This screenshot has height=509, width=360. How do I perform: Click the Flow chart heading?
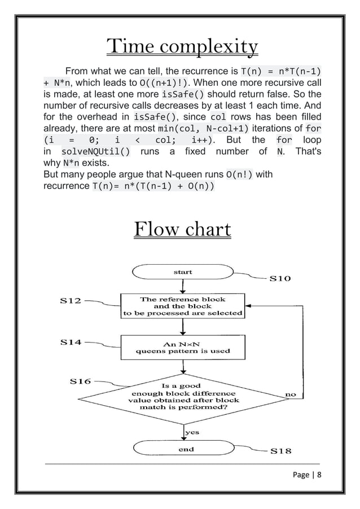coord(182,230)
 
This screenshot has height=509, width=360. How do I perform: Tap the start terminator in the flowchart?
coord(182,272)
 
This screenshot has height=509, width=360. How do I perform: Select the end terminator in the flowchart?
coord(186,449)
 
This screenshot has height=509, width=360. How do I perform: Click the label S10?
coord(280,278)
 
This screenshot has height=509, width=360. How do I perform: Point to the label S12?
coord(71,300)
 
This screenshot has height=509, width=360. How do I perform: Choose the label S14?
coord(71,342)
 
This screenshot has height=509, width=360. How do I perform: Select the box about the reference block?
coord(182,306)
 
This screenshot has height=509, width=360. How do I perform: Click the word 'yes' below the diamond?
coord(192,432)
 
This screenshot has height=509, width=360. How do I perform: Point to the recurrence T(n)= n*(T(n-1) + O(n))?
coord(153,187)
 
